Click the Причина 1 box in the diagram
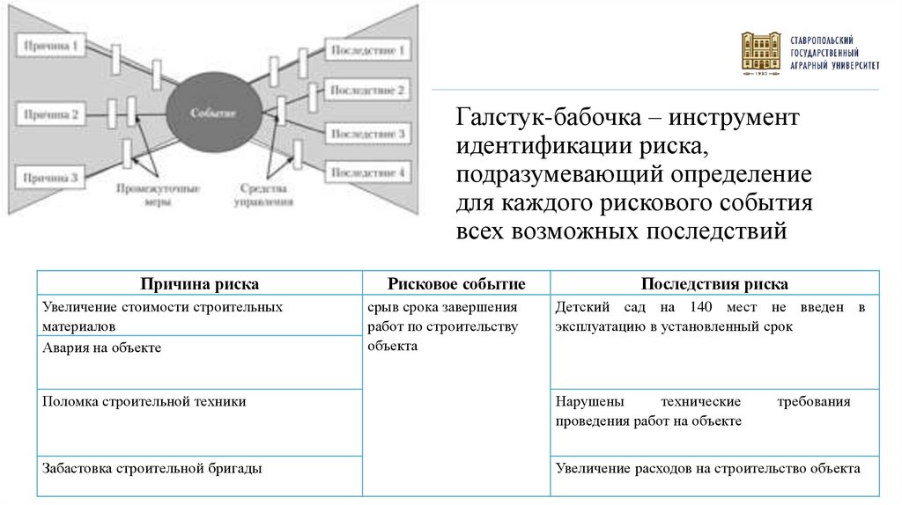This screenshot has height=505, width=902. [x=52, y=45]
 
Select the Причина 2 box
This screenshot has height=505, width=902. [x=52, y=113]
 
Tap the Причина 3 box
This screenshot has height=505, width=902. [x=52, y=178]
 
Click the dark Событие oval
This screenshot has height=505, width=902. [x=213, y=113]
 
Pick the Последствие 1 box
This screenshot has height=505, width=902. [x=368, y=50]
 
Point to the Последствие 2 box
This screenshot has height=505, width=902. [x=368, y=91]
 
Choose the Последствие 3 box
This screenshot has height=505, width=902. [x=368, y=134]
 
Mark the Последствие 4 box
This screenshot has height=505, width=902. [x=368, y=173]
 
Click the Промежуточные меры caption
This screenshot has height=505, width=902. [x=158, y=194]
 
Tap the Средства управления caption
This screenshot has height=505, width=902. [x=264, y=194]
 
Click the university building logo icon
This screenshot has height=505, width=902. [x=760, y=54]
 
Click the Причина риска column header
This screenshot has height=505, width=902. [x=199, y=283]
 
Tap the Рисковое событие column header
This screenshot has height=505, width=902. [x=456, y=283]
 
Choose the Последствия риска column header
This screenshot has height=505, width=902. [x=714, y=283]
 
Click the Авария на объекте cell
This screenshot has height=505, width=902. [x=102, y=348]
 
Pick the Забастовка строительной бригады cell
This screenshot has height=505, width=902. [x=152, y=468]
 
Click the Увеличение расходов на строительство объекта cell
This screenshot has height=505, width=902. [x=707, y=468]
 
